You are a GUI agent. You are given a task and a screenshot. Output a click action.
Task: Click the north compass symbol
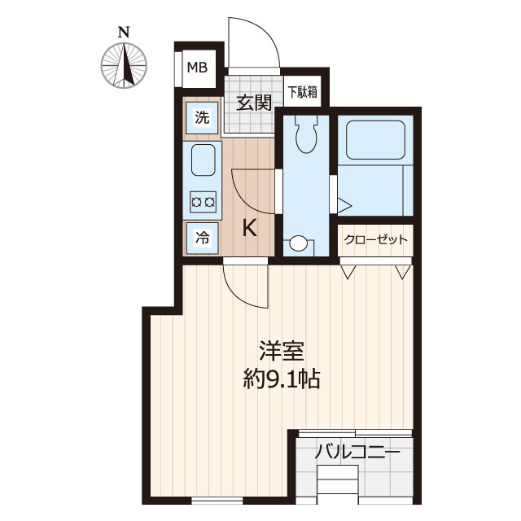tap(125, 64)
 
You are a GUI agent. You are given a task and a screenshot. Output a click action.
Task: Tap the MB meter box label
tap(197, 68)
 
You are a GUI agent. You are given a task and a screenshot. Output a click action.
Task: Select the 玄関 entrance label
tap(254, 103)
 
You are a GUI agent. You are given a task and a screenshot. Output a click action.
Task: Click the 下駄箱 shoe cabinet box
tap(301, 91)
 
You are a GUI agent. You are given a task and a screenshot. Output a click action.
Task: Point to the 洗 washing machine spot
tap(201, 117)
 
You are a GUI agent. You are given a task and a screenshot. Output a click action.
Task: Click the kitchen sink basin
tap(204, 160)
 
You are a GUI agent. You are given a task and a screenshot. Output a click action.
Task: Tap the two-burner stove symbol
tap(203, 201)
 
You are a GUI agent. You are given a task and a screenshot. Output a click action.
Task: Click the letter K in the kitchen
tap(250, 229)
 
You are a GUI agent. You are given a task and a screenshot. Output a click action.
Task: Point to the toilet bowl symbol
tap(306, 134)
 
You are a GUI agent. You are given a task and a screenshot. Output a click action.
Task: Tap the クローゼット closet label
tap(374, 240)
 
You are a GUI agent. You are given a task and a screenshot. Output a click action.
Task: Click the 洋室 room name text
tap(281, 352)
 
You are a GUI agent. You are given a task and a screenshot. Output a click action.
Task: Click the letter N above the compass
tap(124, 33)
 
